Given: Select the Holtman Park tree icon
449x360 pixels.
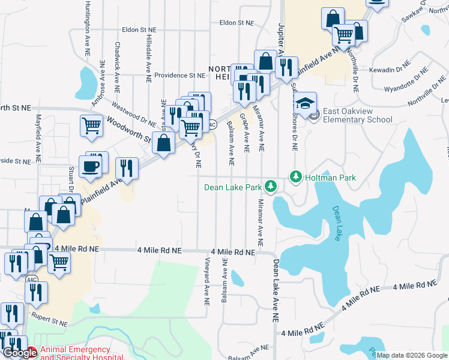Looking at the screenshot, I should click(295, 177).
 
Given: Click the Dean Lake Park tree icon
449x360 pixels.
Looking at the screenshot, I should click(271, 187).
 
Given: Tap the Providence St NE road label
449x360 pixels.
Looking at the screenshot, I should click(179, 76).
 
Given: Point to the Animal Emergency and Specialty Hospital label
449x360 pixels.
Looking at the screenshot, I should click(74, 353).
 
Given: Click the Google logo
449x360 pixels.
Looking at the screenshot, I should click(19, 353).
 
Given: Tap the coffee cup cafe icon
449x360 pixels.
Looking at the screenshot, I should click(90, 167).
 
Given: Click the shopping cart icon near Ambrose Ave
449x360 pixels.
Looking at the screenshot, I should click(91, 127).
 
